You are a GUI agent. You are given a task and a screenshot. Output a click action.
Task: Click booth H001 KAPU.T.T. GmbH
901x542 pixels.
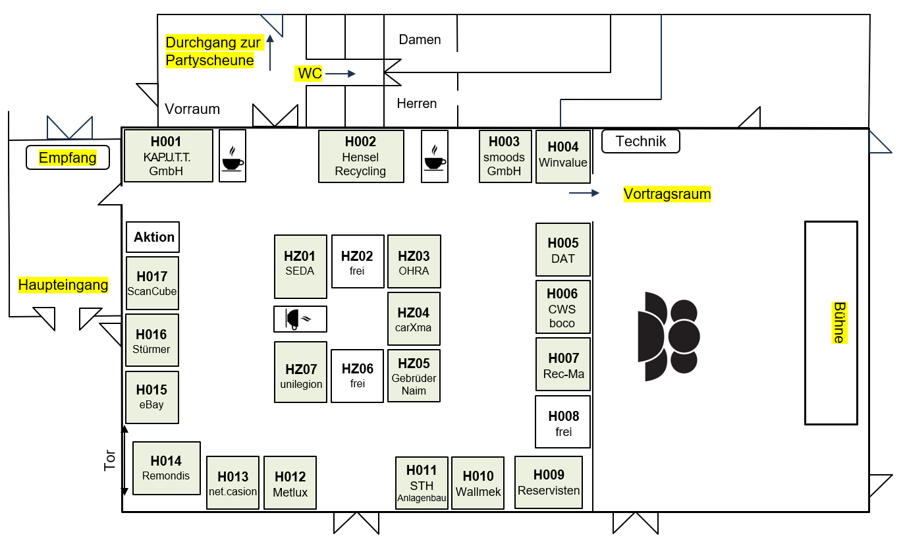pos(169,156)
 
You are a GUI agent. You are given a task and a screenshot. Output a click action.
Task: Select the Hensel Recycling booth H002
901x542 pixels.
pos(361,156)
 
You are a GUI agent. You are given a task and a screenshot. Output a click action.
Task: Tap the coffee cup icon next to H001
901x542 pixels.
pos(232,156)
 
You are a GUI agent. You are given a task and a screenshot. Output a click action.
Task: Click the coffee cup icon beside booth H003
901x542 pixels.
pos(434,156)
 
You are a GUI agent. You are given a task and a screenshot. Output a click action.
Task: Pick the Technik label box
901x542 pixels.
pos(640,142)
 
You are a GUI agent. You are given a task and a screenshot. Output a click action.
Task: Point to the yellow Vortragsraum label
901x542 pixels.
pos(667,194)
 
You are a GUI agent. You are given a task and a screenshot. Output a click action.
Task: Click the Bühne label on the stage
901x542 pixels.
pos(838,323)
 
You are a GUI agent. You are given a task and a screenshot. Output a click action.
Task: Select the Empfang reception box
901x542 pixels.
pos(67,158)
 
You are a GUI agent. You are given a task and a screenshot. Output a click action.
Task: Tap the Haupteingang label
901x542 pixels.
pos(63,285)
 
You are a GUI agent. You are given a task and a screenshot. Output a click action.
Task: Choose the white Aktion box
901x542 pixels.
pos(153,237)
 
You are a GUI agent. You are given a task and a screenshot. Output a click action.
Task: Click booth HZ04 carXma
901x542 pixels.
pos(414,319)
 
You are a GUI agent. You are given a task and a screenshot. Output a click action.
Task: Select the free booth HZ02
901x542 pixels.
pos(358,261)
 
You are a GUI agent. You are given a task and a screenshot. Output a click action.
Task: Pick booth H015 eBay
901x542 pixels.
pos(151,397)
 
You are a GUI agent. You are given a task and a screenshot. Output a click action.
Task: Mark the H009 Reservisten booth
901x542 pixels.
pos(549,482)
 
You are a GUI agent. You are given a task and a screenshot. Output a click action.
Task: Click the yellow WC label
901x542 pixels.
pos(310,74)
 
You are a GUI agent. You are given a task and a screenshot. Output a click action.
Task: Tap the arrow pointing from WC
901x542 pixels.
pos(341,74)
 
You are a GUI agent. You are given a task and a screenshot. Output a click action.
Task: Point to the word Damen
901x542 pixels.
pos(420,40)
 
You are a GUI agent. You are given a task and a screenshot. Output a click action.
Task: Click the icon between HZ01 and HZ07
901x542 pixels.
pos(300,319)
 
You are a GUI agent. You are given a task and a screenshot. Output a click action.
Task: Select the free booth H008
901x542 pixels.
pos(563,422)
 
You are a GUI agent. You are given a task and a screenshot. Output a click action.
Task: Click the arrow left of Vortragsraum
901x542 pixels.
pos(584,193)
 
